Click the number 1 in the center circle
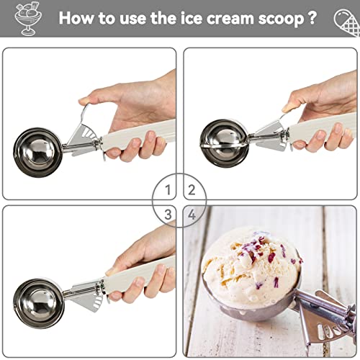coord(168,190)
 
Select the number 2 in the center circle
coord(192,190)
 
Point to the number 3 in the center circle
coord(168,213)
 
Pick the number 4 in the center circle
coord(192,213)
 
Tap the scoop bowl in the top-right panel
coord(224,140)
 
